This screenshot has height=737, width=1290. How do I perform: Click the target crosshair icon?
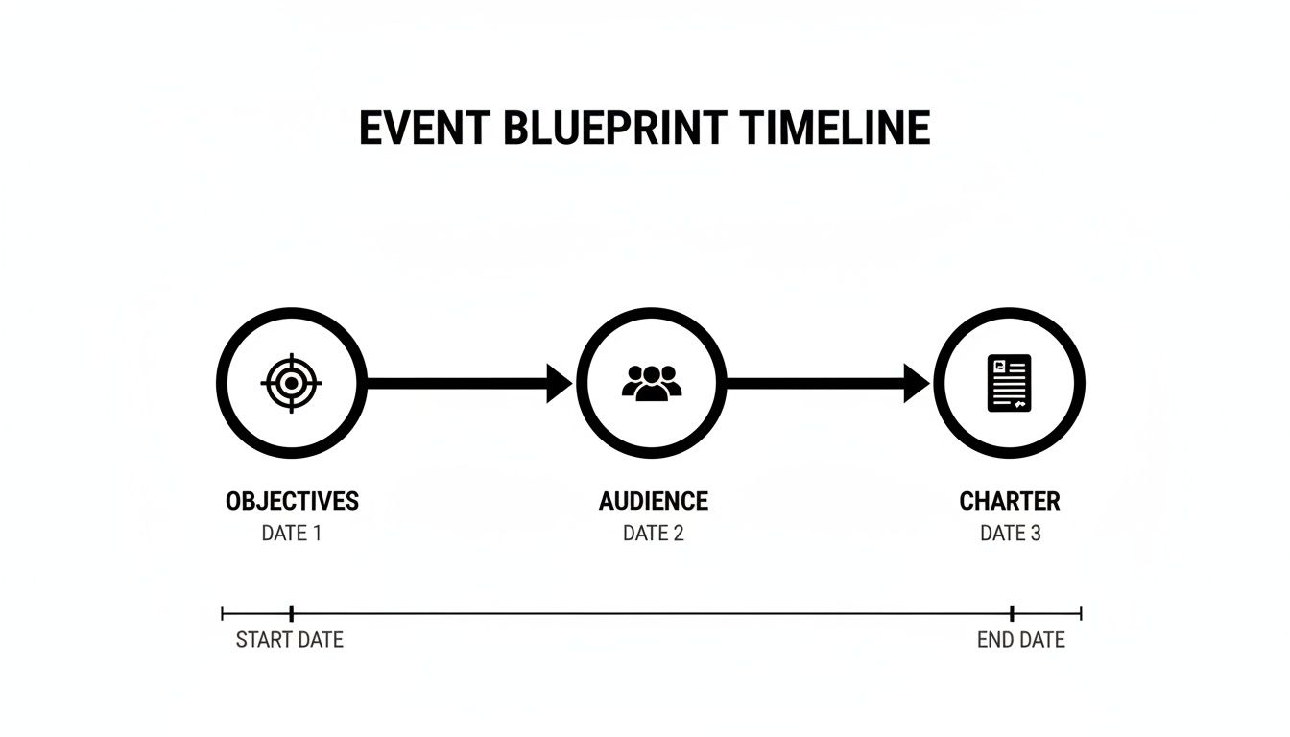pos(292,384)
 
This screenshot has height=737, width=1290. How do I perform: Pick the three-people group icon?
pos(652,382)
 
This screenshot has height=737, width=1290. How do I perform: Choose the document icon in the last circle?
pos(1009,384)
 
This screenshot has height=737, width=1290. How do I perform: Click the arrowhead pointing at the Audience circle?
pos(560,384)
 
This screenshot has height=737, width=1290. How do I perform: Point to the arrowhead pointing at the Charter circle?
pos(917,384)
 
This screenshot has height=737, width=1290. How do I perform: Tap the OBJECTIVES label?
pos(292,501)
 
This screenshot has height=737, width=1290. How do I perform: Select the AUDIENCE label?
pos(653,501)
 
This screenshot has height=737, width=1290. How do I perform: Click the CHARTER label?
pos(1010,501)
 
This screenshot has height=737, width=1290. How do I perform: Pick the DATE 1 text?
pos(291,534)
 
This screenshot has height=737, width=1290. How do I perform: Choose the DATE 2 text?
pos(653,534)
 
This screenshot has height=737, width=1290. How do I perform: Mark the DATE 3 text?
pos(1010,534)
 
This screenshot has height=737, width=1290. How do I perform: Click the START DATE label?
pos(289,640)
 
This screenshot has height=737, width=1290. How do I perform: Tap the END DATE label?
pos(1020,640)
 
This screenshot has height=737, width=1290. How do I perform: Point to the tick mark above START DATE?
pos(291,613)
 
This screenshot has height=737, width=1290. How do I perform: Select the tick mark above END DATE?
pos(1012,613)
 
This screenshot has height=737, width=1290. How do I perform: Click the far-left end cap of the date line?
pos(223,613)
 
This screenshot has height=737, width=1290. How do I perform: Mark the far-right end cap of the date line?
pos(1081,613)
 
